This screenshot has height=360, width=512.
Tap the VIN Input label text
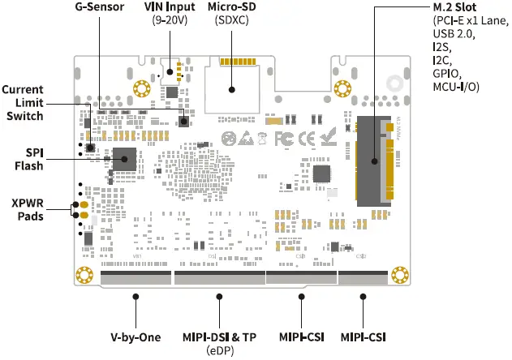(170, 8)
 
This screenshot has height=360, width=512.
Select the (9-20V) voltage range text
(170, 21)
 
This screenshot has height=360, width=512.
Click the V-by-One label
(136, 336)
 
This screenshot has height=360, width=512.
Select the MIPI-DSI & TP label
(219, 336)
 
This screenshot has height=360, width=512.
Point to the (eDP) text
(219, 349)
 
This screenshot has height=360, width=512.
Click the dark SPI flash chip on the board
(124, 159)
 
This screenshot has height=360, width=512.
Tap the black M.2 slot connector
(371, 159)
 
